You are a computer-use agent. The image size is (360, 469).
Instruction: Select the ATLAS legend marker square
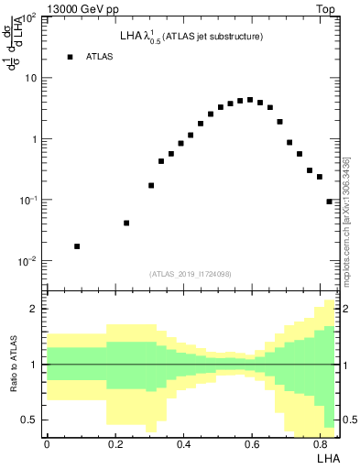[70, 57]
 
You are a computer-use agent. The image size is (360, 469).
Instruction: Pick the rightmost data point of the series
[329, 202]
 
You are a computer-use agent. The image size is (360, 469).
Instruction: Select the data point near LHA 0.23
[126, 223]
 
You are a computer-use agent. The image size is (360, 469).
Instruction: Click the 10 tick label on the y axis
[30, 78]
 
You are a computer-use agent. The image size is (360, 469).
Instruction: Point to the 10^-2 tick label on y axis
[27, 262]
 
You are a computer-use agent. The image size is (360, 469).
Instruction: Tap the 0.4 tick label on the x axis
[184, 444]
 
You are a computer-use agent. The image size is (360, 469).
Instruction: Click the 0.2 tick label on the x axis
[115, 444]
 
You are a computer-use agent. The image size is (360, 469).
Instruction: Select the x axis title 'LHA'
[327, 458]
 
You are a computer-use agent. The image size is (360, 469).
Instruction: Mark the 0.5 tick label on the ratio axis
[29, 420]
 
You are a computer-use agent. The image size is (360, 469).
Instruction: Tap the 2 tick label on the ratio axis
[34, 309]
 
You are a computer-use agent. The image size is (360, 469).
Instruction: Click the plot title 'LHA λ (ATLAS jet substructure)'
[191, 38]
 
